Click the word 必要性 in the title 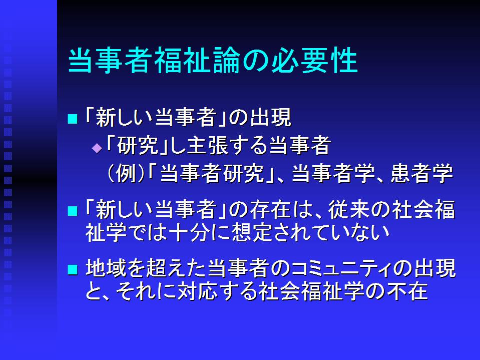(x=315, y=60)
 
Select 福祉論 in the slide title (x=197, y=60)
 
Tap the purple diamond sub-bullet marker (x=97, y=149)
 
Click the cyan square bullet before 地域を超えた (x=73, y=269)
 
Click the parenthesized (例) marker (x=126, y=173)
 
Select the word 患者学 (x=421, y=173)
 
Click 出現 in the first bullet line (x=270, y=118)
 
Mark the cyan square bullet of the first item (x=73, y=119)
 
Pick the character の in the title (x=256, y=60)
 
